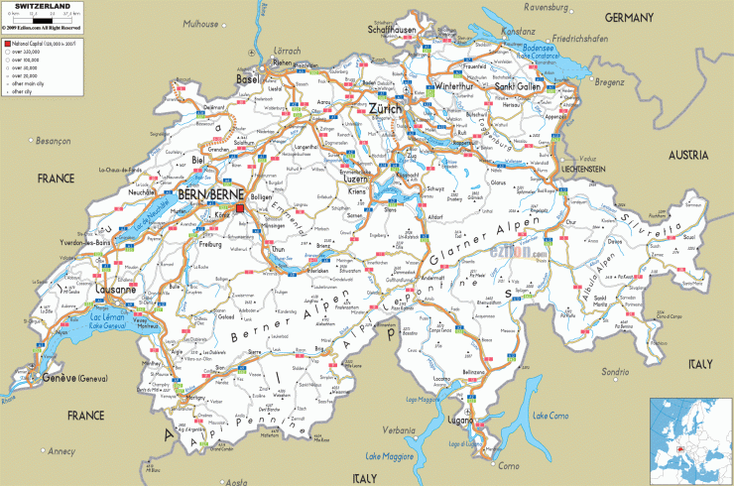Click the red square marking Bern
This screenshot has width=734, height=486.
click(240, 181)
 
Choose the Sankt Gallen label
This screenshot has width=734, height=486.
click(519, 86)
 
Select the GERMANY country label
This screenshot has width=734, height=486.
click(630, 18)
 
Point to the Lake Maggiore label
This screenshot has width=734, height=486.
click(388, 457)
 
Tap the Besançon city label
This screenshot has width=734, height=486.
click(56, 141)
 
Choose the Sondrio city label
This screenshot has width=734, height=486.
click(615, 371)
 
